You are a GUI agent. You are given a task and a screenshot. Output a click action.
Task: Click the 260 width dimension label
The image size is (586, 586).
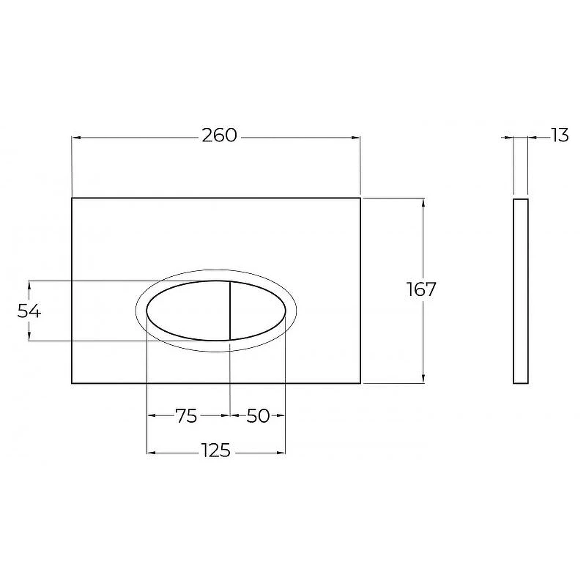pyautogui.click(x=219, y=136)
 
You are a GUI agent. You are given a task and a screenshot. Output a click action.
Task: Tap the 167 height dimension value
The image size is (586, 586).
pyautogui.click(x=421, y=289)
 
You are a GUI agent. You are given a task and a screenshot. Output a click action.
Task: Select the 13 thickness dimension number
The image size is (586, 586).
pyautogui.click(x=560, y=135)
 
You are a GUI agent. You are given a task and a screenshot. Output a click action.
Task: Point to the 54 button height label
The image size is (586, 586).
pyautogui.click(x=29, y=311)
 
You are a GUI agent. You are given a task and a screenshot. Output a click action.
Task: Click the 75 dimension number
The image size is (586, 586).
pyautogui.click(x=186, y=415)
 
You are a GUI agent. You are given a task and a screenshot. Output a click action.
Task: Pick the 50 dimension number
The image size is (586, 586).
pyautogui.click(x=258, y=415)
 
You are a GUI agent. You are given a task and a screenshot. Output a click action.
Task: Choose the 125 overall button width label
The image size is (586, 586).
pyautogui.click(x=216, y=450)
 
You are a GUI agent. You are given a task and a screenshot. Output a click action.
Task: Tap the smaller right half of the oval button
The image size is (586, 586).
pyautogui.click(x=258, y=311)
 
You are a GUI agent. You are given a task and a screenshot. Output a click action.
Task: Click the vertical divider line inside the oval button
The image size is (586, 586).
pyautogui.click(x=229, y=311)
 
